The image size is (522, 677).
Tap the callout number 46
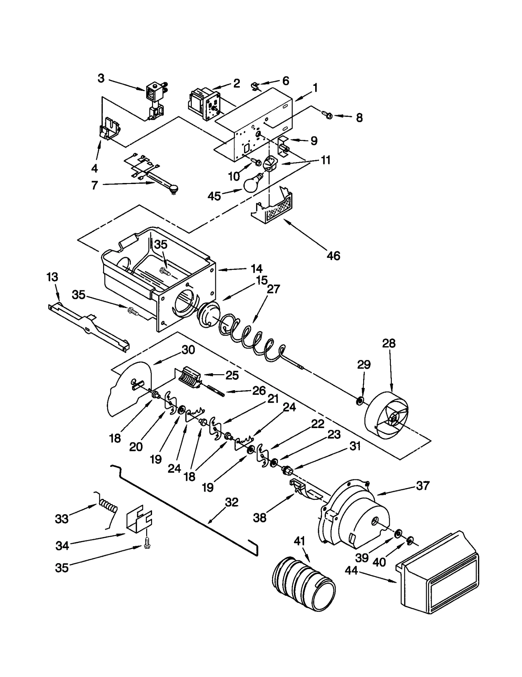[x=333, y=256]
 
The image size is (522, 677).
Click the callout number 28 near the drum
[x=389, y=344]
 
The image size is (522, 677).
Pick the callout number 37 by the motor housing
[x=423, y=485]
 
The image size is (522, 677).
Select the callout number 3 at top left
[x=101, y=78]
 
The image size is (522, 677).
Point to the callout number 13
[x=52, y=277]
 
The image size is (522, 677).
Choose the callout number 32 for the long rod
[x=232, y=502]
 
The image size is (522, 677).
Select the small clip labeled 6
[x=256, y=87]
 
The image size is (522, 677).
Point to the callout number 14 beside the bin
[x=256, y=269]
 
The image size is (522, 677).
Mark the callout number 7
[x=94, y=185]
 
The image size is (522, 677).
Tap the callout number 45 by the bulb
[x=214, y=196]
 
